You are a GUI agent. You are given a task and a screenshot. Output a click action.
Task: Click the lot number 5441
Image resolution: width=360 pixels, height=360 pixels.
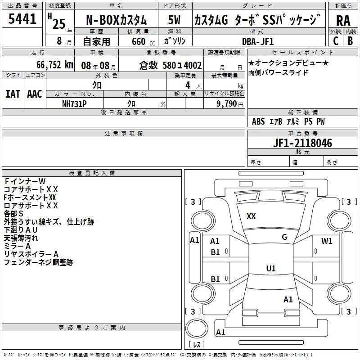coord(22,19)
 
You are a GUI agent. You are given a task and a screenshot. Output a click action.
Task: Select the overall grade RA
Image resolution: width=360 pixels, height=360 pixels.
coord(343,21)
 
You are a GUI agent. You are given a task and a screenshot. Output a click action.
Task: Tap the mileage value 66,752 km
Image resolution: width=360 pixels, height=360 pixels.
coord(55,65)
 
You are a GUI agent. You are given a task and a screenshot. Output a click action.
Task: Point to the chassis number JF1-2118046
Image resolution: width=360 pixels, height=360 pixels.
coord(302,143)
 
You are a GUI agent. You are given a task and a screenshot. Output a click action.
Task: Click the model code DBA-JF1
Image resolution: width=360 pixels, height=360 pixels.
coord(258,41)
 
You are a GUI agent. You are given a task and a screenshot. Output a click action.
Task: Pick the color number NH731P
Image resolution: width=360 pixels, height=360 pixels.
coord(74,104)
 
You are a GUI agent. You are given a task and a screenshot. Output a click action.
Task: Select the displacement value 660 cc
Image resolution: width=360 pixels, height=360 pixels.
coord(143,41)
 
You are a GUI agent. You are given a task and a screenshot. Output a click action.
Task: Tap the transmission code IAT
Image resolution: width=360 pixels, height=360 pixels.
coord(13,94)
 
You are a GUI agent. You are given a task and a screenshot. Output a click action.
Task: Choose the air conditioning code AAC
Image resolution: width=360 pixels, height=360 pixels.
coord(35,94)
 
